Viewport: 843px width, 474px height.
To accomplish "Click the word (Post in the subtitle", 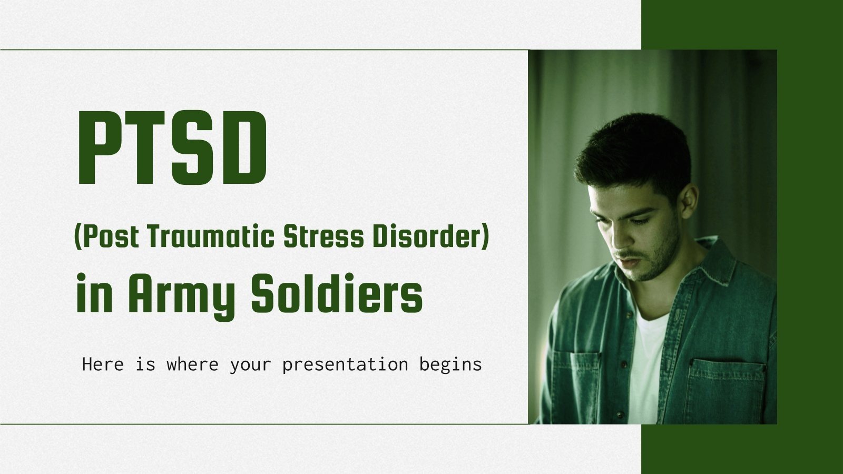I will point(106,237).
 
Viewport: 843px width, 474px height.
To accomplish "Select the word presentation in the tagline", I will point(345,364).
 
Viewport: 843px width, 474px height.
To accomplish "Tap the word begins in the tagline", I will point(450,364).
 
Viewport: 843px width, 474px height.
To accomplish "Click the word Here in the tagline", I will point(103,364).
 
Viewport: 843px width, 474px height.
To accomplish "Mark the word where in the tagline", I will point(192,364).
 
